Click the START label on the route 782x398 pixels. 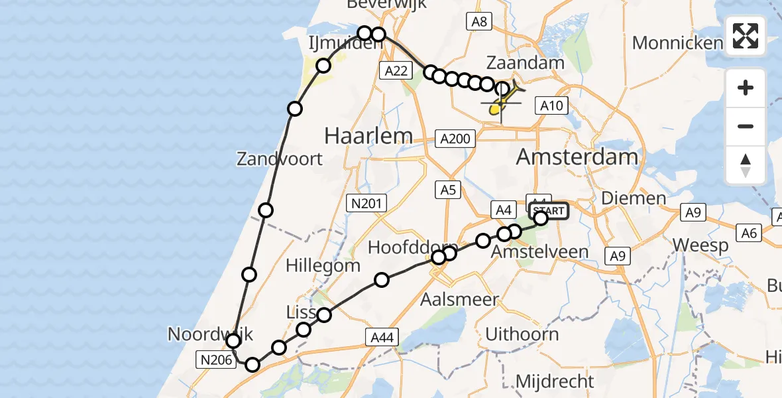[x=548, y=212]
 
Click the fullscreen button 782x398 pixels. [x=746, y=35]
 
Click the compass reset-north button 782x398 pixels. [x=746, y=165]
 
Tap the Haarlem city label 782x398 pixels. [x=368, y=137]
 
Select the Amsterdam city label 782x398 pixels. [x=577, y=157]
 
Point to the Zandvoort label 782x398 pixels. [x=280, y=159]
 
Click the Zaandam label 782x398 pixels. [x=526, y=63]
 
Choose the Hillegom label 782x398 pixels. [x=323, y=266]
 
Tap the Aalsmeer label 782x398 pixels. [x=460, y=299]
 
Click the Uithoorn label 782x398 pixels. [x=522, y=334]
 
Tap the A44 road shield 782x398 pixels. [x=382, y=338]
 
